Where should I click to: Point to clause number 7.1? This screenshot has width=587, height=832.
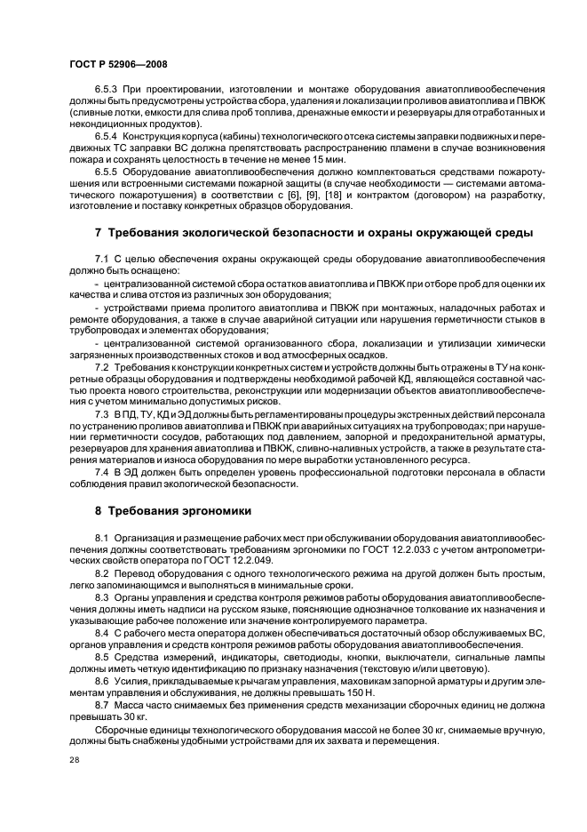pyautogui.click(x=101, y=259)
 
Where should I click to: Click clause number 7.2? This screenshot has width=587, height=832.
pyautogui.click(x=101, y=365)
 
